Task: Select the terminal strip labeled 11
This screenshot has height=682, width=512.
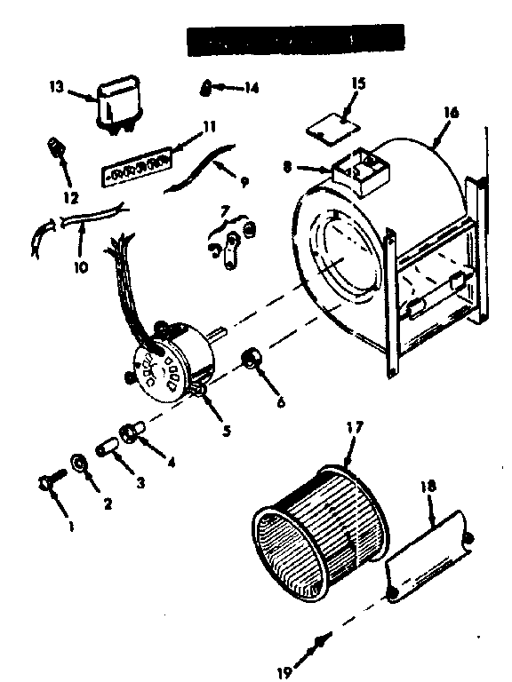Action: click(x=136, y=169)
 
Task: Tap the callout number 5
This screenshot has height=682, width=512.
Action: click(x=227, y=432)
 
